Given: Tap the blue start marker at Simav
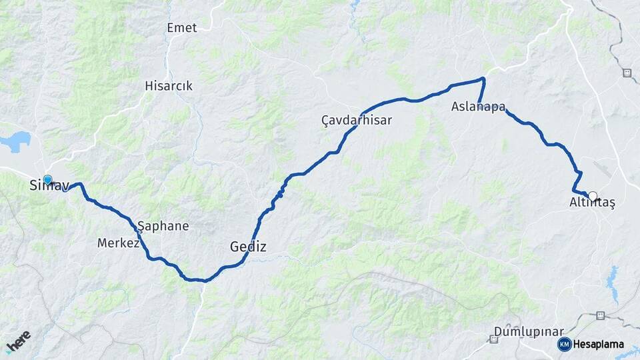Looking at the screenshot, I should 47,179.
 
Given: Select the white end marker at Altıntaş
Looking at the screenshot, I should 592,197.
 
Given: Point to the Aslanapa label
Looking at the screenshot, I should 477,107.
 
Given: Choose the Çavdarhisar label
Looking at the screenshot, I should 356,120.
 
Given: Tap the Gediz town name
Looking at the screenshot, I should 248,247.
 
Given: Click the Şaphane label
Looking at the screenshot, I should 163,226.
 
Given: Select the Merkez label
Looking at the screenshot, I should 118,243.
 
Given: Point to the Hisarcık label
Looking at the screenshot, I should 169,86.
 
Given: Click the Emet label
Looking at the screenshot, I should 181,27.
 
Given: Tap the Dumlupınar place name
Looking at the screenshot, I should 529,331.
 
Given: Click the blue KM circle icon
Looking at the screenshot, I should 564,344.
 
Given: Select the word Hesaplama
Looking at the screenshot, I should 598,345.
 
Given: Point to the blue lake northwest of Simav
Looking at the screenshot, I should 16,141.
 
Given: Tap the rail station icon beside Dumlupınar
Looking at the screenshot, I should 493,339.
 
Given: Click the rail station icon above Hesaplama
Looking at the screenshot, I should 601,315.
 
